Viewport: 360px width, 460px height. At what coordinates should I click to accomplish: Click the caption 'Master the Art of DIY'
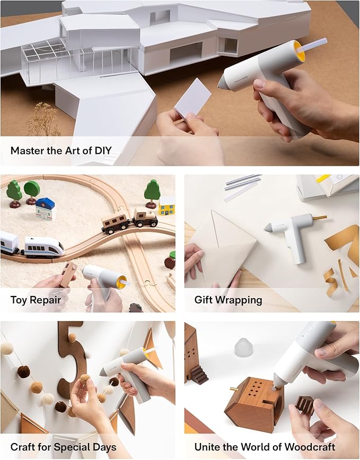tap(61, 150)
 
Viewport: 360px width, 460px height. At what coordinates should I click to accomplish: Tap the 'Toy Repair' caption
tap(36, 300)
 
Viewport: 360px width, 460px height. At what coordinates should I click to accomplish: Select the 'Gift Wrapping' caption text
tap(228, 300)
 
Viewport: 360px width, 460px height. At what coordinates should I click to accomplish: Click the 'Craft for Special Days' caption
tap(63, 446)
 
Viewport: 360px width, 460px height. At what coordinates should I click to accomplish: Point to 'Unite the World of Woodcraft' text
tap(265, 446)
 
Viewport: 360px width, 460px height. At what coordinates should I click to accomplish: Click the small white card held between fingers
tap(193, 99)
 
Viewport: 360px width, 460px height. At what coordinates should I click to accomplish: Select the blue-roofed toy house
tap(45, 209)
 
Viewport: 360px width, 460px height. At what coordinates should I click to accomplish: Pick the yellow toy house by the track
tap(166, 205)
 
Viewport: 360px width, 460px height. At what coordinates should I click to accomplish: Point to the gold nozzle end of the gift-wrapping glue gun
tap(320, 217)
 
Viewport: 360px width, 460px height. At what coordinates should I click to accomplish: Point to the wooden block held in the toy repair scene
tap(68, 273)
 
